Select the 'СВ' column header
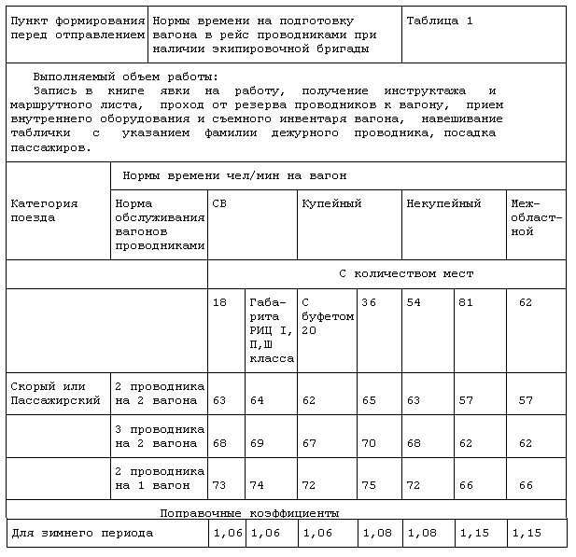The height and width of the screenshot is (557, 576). (x=219, y=202)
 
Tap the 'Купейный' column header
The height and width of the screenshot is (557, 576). (x=331, y=202)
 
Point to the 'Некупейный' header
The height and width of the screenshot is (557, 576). (x=443, y=202)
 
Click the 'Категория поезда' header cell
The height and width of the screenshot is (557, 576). (x=44, y=210)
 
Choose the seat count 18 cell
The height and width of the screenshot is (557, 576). (x=219, y=302)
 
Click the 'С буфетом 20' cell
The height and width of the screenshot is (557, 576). (x=328, y=316)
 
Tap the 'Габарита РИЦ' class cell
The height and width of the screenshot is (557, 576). (x=271, y=330)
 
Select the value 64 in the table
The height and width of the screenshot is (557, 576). (x=257, y=400)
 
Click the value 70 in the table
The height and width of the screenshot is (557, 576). (x=369, y=443)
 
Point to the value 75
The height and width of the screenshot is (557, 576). (x=369, y=485)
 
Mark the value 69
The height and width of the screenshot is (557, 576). (x=257, y=443)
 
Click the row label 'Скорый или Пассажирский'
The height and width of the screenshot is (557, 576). (x=55, y=393)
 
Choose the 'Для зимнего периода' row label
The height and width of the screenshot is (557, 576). (x=82, y=533)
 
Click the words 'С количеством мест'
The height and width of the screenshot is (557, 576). (x=405, y=273)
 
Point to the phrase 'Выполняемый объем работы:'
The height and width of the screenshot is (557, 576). (x=124, y=77)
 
